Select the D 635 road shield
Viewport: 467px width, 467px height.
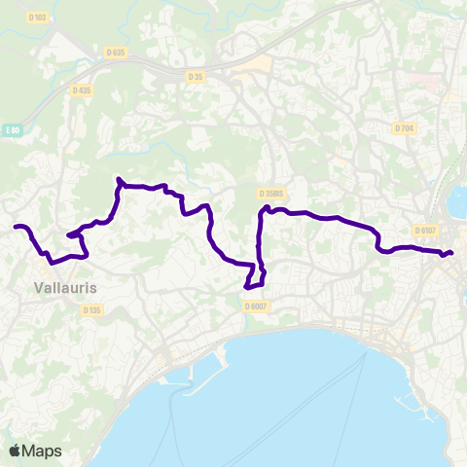coord(116,52)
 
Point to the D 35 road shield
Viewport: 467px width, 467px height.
coord(196,75)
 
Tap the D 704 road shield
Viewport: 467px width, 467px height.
coord(405,128)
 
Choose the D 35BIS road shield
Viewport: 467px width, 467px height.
coord(271,194)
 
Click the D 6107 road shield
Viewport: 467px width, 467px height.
coord(425,231)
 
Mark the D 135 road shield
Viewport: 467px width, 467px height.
coord(91,310)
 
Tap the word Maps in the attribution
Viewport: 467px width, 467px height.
coord(42,450)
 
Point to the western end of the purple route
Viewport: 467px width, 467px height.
coord(16,228)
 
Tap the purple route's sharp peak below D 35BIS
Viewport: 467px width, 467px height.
coord(265,207)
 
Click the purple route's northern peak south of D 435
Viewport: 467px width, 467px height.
coord(119,180)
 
